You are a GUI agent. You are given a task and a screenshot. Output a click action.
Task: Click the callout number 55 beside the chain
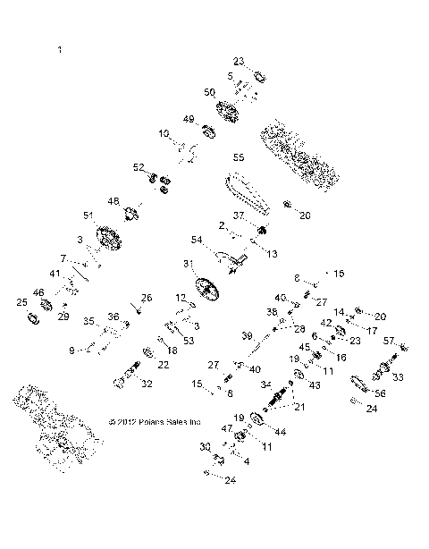click(239, 157)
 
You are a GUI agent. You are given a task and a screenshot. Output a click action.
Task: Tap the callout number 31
click(189, 264)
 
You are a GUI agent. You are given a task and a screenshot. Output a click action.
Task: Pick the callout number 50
click(210, 92)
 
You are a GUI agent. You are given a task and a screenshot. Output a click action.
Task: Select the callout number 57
click(390, 341)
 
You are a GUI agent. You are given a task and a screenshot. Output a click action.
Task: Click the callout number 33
click(398, 378)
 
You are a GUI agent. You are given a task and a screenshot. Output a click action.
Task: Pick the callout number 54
click(196, 240)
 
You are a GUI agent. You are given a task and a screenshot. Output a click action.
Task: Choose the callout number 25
click(22, 303)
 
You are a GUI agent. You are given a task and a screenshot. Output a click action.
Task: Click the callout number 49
click(189, 119)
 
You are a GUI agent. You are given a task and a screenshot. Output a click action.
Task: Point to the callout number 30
click(203, 445)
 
